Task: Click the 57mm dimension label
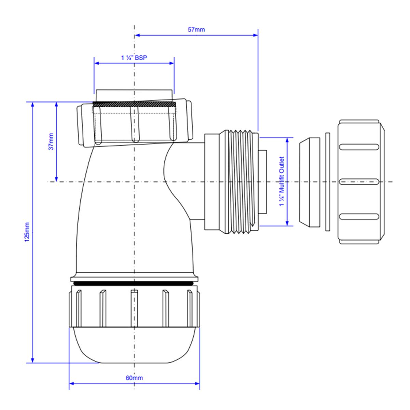pos(196,30)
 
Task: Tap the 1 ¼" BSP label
pos(134,58)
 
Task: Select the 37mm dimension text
pos(51,141)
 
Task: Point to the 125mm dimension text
pos(27,232)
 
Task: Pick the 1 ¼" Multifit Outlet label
pos(282,181)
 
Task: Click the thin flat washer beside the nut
pos(328,182)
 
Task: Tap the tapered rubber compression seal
pos(310,182)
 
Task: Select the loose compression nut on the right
pos(361,182)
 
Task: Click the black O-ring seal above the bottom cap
pos(134,283)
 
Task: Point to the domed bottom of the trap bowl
pos(134,345)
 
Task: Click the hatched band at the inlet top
pos(134,104)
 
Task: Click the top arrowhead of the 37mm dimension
pos(56,105)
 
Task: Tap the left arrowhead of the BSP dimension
pos(97,63)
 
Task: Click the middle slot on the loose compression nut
pos(359,182)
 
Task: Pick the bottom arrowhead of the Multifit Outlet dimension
pos(287,223)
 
